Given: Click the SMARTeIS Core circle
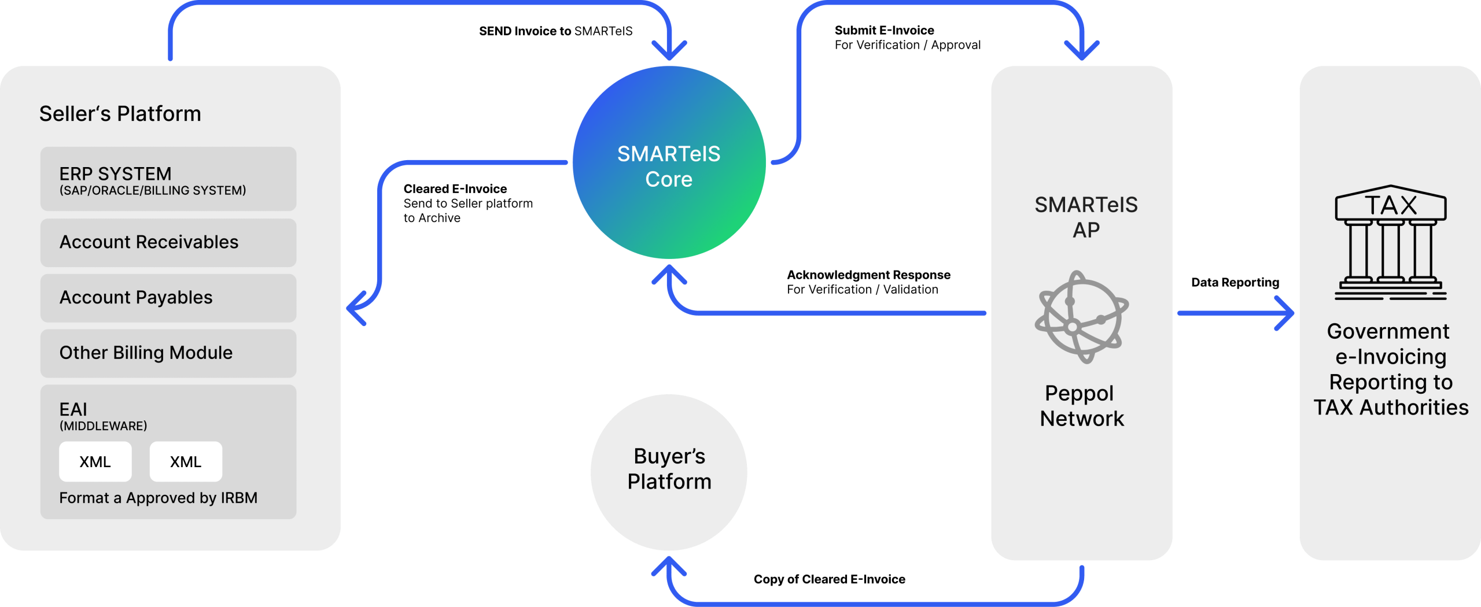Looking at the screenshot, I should [x=669, y=162].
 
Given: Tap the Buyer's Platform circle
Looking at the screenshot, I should [x=669, y=472].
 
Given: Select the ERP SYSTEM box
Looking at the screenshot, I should [x=168, y=179].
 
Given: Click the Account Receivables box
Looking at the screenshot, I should [x=168, y=242].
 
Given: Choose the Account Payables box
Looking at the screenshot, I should [x=168, y=298].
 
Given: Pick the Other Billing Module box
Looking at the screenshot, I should [x=168, y=353].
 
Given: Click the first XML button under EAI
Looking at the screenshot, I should [x=95, y=461].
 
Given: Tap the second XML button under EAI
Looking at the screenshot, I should [x=186, y=461].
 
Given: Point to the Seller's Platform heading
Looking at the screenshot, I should [x=120, y=114].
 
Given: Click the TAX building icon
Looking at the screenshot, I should [x=1390, y=242].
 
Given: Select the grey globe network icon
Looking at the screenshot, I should [x=1081, y=317].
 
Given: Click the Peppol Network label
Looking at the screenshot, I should [x=1081, y=406].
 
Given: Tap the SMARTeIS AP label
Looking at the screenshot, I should [x=1086, y=217].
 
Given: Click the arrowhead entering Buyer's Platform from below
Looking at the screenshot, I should [x=669, y=565].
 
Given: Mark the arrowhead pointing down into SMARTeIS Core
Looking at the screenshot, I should [x=669, y=52].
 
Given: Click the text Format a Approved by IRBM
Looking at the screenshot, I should [x=158, y=498].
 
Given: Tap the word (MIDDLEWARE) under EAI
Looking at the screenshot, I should [x=104, y=426].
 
